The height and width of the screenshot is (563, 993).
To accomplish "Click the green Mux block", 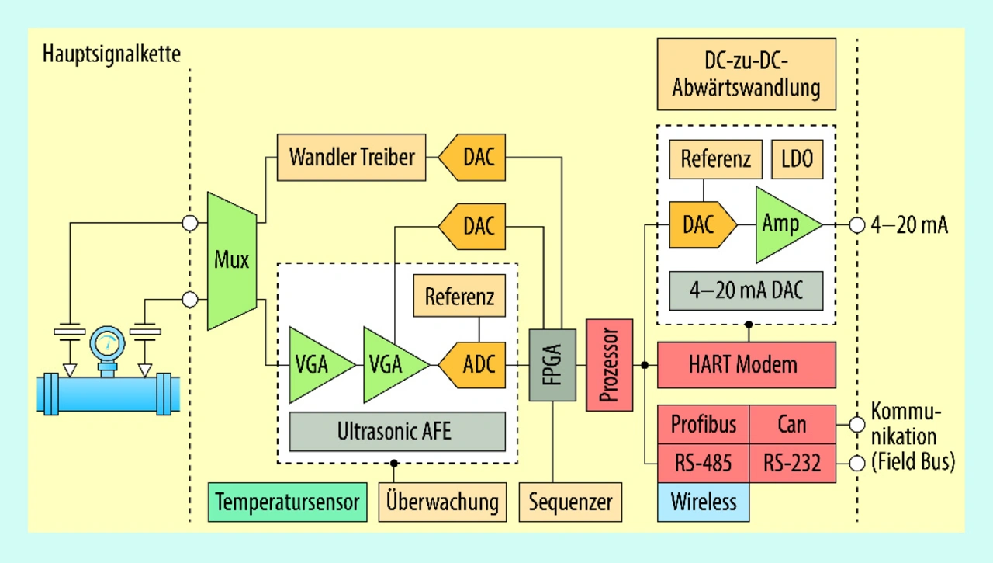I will point(232,259).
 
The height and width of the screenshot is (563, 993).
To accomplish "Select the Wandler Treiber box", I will point(351,157).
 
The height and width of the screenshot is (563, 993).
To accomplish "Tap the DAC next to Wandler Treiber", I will point(472,157).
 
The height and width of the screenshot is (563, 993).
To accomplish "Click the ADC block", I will point(473,363).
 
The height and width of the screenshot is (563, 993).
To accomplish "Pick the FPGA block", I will point(552,364).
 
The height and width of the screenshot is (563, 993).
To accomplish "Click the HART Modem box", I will point(746,364).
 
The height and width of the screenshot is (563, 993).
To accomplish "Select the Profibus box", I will point(703,424).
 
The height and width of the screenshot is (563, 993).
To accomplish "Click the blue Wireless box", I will point(703,502).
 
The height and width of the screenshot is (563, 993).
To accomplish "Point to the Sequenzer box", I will point(570,502).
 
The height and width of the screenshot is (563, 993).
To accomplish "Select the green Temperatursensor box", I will point(287,502).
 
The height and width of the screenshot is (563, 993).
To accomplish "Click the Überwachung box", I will point(442,502).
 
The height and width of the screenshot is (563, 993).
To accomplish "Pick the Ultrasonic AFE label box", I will point(397,432).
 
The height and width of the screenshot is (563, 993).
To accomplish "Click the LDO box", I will point(797,159).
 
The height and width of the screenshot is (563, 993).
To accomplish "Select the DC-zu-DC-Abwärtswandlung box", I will point(746,74).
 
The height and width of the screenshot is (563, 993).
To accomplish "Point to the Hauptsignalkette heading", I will point(112,54).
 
